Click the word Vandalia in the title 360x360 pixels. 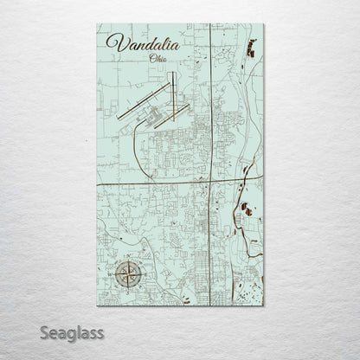point(144,43)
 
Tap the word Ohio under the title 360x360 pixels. point(157,59)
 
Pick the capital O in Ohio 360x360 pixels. point(151,59)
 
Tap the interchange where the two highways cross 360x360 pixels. point(211,182)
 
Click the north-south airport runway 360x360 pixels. point(172,91)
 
